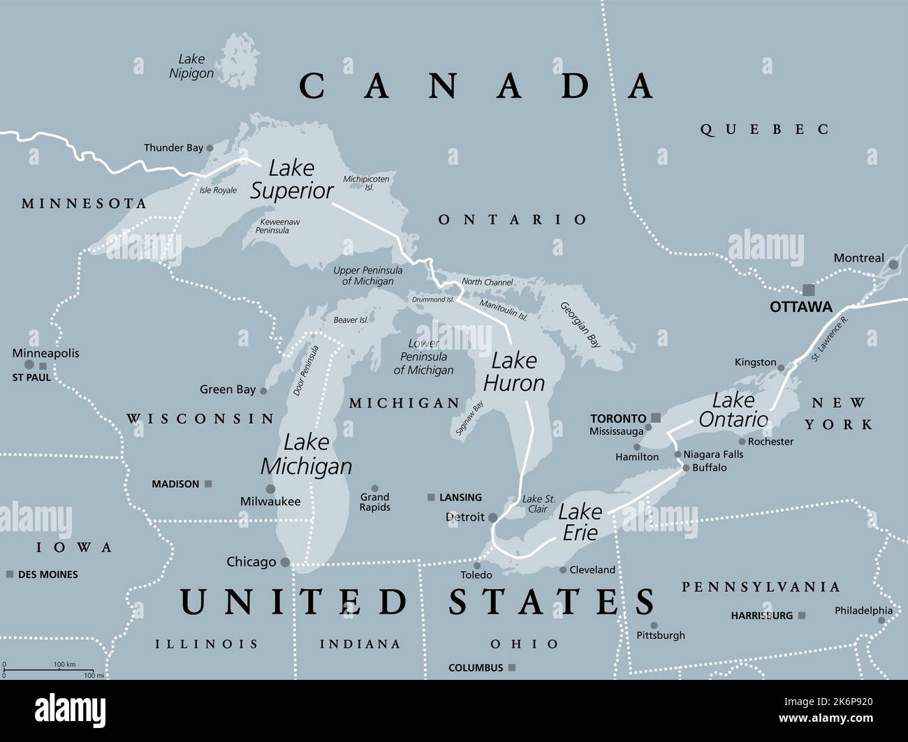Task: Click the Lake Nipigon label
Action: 191,66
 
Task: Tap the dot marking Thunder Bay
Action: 210,148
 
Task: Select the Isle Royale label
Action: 218,190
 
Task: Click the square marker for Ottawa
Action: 808,289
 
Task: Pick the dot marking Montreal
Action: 893,265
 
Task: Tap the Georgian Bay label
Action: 580,325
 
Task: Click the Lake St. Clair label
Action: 539,504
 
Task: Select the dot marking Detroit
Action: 493,518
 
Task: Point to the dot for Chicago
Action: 285,562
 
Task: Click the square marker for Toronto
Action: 655,418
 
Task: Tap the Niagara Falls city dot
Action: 678,454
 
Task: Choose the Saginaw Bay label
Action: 469,419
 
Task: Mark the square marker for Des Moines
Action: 10,574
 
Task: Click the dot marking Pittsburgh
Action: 654,625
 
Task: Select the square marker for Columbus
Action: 512,668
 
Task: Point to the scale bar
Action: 49,670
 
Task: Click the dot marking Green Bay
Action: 263,391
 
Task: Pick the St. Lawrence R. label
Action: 830,339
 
